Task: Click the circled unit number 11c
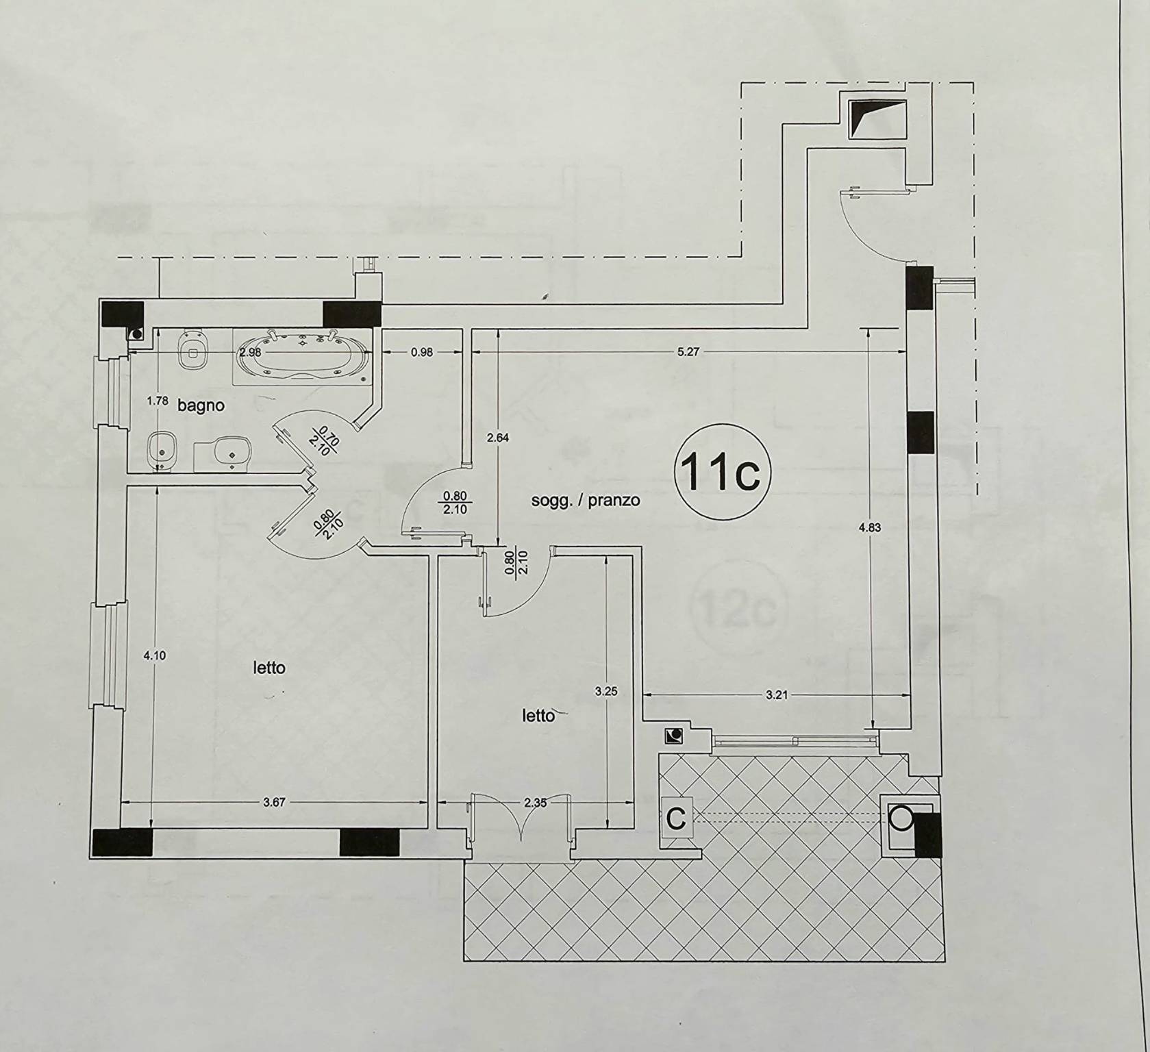pyautogui.click(x=723, y=472)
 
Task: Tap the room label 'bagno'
pyautogui.click(x=201, y=405)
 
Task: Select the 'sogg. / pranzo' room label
pyautogui.click(x=586, y=500)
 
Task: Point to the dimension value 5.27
pyautogui.click(x=688, y=351)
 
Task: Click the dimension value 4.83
pyautogui.click(x=869, y=527)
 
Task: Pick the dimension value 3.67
pyautogui.click(x=274, y=802)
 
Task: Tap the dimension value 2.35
pyautogui.click(x=535, y=803)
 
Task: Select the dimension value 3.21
pyautogui.click(x=776, y=695)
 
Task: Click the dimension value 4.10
pyautogui.click(x=154, y=655)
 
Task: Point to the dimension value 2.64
pyautogui.click(x=497, y=438)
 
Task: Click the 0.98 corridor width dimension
pyautogui.click(x=422, y=352)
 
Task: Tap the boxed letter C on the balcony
pyautogui.click(x=676, y=819)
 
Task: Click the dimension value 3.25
pyautogui.click(x=606, y=692)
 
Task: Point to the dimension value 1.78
pyautogui.click(x=158, y=401)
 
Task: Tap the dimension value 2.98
pyautogui.click(x=250, y=352)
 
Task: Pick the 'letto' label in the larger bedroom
pyautogui.click(x=269, y=668)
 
